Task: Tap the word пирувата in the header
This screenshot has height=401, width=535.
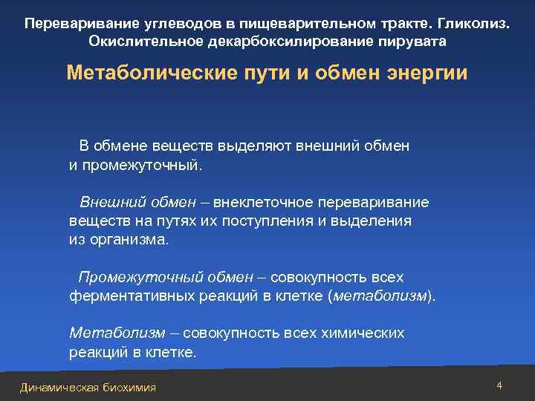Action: click(416, 41)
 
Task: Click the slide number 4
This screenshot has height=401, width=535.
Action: click(499, 385)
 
